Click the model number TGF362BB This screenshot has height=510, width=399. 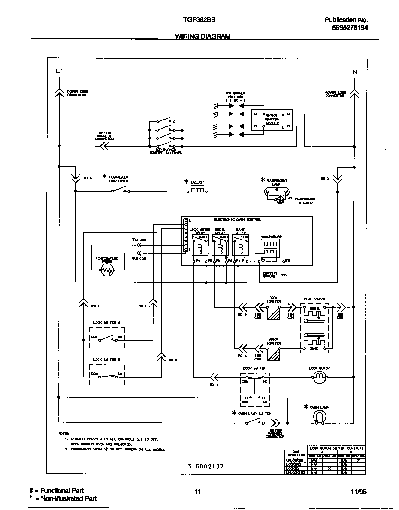197,20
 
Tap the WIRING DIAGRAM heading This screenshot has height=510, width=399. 203,36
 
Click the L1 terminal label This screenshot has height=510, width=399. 58,72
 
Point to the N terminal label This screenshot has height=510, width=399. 354,72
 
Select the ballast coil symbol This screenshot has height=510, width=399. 198,190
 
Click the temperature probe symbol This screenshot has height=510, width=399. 107,270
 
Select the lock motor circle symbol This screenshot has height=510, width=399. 319,378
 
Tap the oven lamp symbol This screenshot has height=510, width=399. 318,417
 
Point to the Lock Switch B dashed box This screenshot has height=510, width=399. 107,375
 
